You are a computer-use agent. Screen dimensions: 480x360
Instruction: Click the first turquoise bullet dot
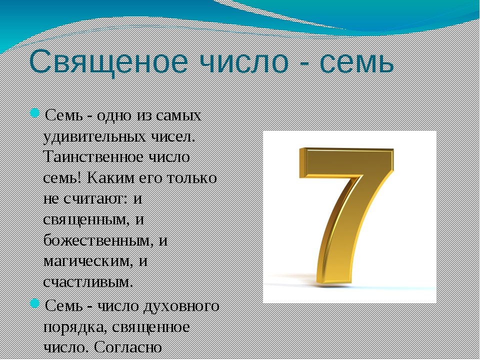[x=35, y=113]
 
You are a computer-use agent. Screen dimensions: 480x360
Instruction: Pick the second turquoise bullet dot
[x=35, y=303]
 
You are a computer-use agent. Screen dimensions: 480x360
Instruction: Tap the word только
[x=193, y=177]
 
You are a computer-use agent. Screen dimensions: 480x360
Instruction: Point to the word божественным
[x=98, y=240]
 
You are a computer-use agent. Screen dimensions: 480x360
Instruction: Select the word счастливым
[x=88, y=282]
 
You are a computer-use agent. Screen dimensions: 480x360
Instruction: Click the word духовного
[x=181, y=306]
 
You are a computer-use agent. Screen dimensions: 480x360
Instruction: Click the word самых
[x=178, y=116]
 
